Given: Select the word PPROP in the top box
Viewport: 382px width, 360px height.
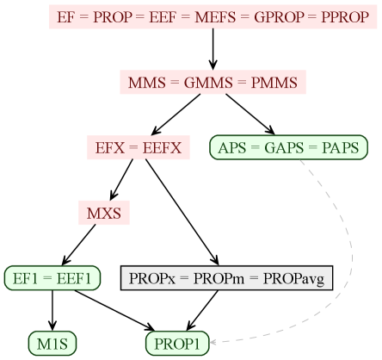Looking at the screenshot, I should point(342,17).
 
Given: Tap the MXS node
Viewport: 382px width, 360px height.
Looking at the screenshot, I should point(104,212).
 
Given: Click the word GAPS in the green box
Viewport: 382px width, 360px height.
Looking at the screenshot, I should point(288,148).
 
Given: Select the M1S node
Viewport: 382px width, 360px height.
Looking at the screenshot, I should point(46,344).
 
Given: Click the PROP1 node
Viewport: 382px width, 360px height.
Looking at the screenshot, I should point(176,344).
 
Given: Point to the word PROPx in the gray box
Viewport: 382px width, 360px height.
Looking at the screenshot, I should point(152,278).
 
